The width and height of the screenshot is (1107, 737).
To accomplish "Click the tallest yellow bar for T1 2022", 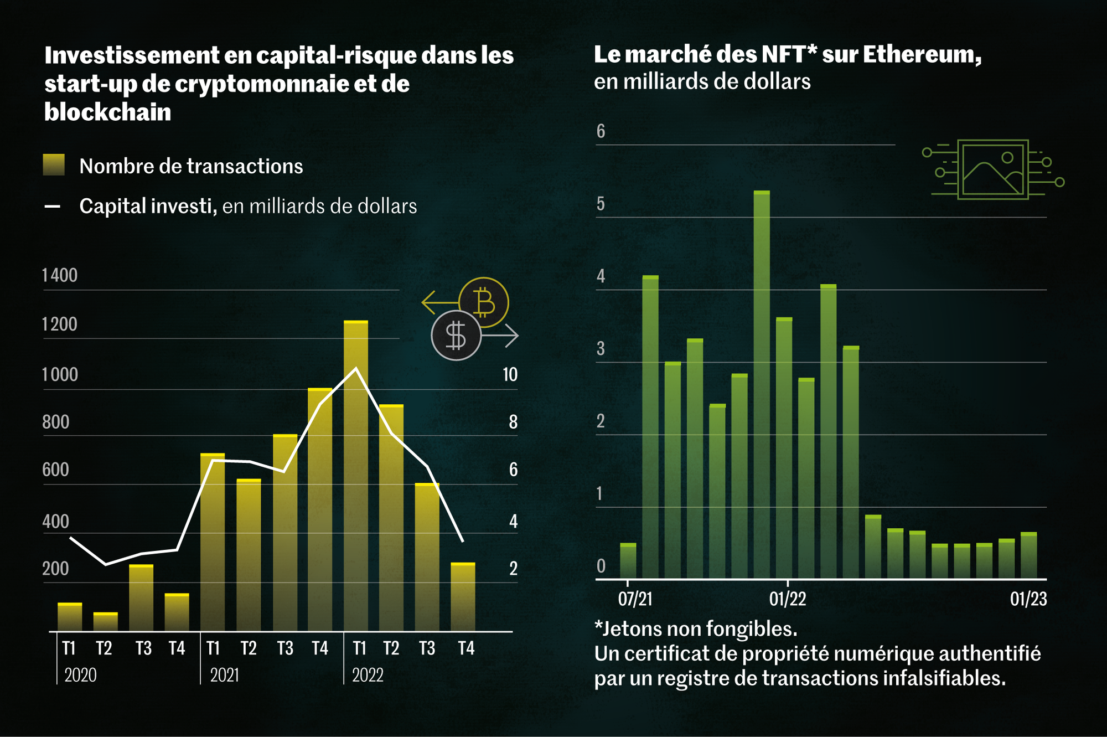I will click(355, 476).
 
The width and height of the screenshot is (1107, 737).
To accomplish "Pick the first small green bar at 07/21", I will click(628, 561).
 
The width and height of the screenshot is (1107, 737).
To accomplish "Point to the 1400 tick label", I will click(60, 275).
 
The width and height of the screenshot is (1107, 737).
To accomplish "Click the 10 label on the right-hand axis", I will click(510, 375).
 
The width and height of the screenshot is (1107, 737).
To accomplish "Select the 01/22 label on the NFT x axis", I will click(787, 599).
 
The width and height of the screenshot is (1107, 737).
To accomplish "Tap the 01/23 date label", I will click(1028, 599).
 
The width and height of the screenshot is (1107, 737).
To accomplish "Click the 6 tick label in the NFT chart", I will click(601, 131).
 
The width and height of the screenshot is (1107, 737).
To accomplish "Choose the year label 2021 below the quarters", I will click(224, 675).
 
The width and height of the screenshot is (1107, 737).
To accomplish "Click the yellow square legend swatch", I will click(54, 165).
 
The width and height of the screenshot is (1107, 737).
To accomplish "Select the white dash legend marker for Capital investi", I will click(53, 207).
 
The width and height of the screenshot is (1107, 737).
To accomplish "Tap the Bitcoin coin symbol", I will click(484, 302).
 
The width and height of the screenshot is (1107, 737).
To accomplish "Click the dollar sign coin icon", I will click(456, 336).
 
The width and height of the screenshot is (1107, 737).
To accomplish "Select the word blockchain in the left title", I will click(107, 112).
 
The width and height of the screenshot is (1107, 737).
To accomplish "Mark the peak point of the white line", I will click(356, 368).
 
